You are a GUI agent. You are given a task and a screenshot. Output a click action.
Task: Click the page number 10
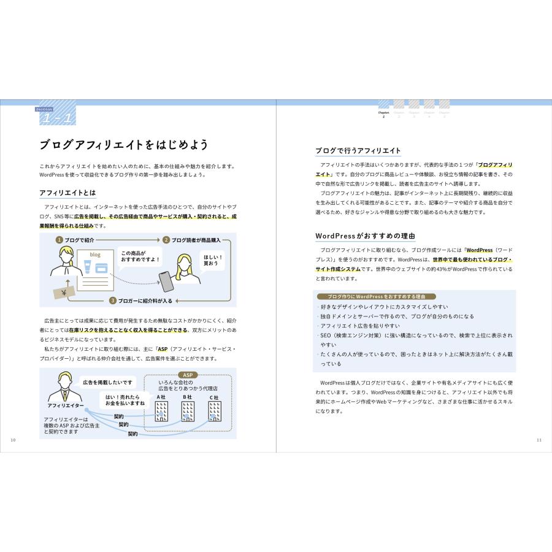[13, 440]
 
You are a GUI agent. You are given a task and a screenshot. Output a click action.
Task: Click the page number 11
[539, 440]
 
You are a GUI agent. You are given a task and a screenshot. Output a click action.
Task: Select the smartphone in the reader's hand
[166, 281]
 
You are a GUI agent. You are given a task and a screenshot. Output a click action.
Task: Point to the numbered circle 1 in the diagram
[59, 240]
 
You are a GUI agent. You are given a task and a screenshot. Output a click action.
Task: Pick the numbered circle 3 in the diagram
[113, 301]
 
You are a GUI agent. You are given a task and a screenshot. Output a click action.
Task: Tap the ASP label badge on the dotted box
[187, 375]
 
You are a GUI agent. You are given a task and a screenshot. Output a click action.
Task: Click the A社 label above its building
[161, 397]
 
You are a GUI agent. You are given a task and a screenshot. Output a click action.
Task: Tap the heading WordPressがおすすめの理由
[358, 236]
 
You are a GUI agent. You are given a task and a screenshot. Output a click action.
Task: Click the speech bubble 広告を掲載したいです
[107, 382]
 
